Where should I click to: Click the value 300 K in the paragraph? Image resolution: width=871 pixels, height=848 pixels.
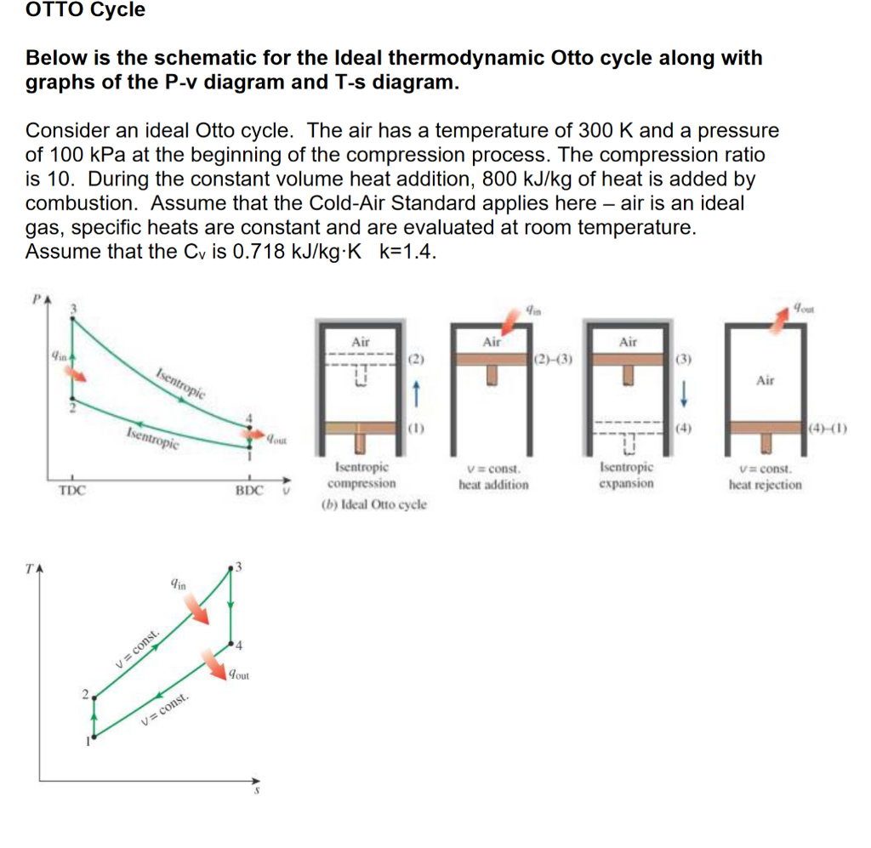point(606,132)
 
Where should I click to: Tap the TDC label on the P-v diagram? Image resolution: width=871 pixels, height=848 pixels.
point(72,491)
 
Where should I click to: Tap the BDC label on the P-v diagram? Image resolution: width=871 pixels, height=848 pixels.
point(249,491)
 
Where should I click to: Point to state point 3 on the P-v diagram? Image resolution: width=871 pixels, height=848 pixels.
point(72,319)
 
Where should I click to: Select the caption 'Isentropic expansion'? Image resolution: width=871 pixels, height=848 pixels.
point(626,475)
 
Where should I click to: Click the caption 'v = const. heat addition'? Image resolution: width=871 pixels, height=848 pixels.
point(493,477)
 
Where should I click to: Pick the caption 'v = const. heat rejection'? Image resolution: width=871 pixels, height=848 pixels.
point(765,477)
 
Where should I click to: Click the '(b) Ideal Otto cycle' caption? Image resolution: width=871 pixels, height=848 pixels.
point(373,504)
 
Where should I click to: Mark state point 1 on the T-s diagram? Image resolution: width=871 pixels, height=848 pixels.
point(94,737)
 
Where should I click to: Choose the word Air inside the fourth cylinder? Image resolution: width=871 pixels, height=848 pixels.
point(765,380)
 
